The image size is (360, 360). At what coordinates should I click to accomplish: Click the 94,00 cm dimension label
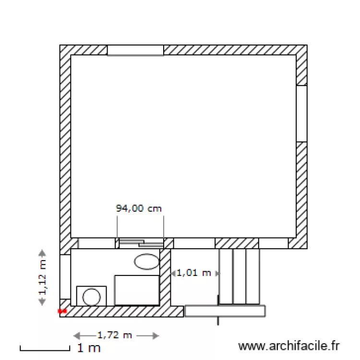(x=139, y=208)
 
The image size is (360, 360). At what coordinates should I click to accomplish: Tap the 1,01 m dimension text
(x=194, y=273)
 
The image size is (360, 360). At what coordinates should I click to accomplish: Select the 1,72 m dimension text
(x=115, y=336)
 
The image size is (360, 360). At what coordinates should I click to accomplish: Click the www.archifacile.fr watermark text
(x=289, y=346)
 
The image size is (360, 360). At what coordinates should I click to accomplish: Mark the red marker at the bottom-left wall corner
(x=61, y=311)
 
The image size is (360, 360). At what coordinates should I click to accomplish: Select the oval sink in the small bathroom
(x=146, y=262)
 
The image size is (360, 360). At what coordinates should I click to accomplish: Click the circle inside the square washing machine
(x=91, y=296)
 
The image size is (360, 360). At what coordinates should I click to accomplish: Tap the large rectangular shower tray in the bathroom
(x=137, y=290)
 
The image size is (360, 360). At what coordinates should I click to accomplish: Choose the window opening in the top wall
(x=135, y=50)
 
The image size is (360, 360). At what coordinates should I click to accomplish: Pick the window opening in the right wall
(x=301, y=114)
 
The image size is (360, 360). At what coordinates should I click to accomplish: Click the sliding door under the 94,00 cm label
(x=141, y=243)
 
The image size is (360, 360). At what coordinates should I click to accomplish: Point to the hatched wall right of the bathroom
(x=165, y=277)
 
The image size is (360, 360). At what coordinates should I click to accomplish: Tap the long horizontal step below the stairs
(x=225, y=311)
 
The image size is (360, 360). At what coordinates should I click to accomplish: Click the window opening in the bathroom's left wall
(x=65, y=276)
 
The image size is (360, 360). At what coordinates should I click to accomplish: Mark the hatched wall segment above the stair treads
(x=237, y=243)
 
